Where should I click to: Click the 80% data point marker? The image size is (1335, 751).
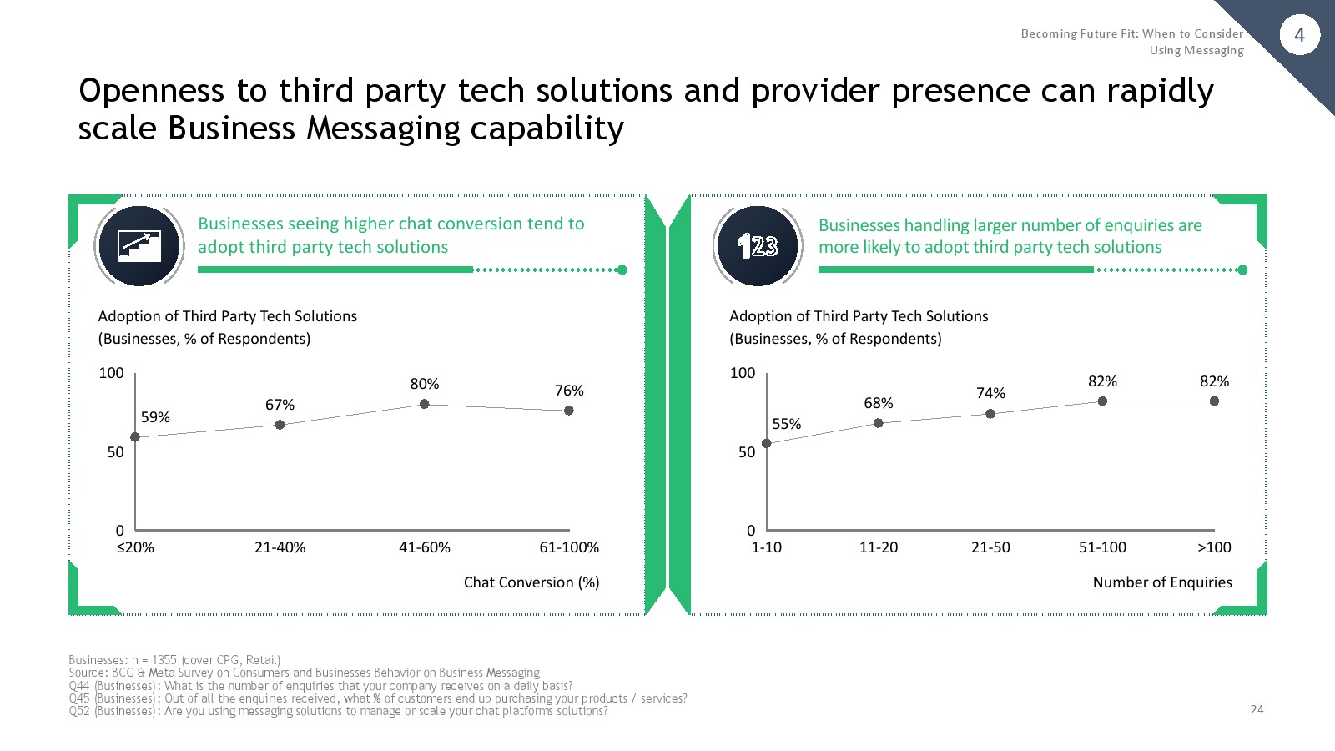pyautogui.click(x=425, y=404)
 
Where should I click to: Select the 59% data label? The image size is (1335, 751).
pyautogui.click(x=155, y=417)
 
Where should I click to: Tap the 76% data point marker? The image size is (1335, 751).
pyautogui.click(x=568, y=410)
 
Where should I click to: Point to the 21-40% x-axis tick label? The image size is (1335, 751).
pyautogui.click(x=280, y=547)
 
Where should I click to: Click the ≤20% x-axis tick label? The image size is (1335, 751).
pyautogui.click(x=135, y=547)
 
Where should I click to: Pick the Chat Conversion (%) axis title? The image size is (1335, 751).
pyautogui.click(x=531, y=582)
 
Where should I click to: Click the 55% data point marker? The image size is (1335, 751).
pyautogui.click(x=767, y=443)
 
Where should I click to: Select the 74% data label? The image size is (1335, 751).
pyautogui.click(x=990, y=393)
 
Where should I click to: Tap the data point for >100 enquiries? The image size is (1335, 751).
pyautogui.click(x=1214, y=401)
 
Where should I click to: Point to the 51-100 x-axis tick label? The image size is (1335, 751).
pyautogui.click(x=1102, y=547)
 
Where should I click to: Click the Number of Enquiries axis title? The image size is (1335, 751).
pyautogui.click(x=1162, y=582)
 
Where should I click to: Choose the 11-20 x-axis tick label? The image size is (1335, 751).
pyautogui.click(x=879, y=547)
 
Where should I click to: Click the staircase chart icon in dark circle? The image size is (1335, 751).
pyautogui.click(x=139, y=246)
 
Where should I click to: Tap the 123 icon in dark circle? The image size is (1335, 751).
pyautogui.click(x=758, y=246)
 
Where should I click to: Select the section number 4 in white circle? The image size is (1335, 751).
pyautogui.click(x=1300, y=35)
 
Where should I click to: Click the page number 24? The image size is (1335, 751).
pyautogui.click(x=1257, y=709)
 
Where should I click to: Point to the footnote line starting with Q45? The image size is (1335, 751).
pyautogui.click(x=378, y=698)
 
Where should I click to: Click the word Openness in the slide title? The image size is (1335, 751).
pyautogui.click(x=151, y=91)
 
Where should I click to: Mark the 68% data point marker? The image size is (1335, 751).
pyautogui.click(x=878, y=423)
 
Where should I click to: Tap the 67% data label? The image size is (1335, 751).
pyautogui.click(x=280, y=405)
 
